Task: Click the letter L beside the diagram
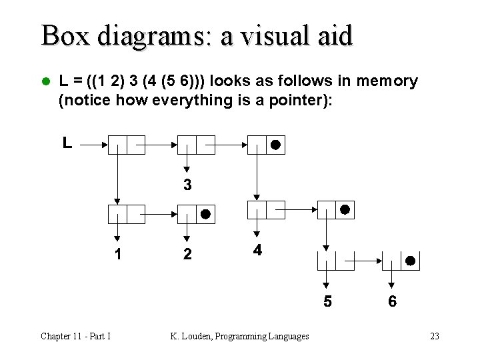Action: [x=67, y=142]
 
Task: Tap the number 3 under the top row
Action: [x=187, y=185]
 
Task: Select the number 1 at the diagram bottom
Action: [x=117, y=254]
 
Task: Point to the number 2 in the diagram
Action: [x=187, y=254]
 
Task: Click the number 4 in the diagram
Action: [x=257, y=251]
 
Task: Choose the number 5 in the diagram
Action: [x=327, y=301]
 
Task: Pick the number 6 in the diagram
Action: [x=392, y=301]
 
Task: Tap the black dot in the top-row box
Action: [x=275, y=145]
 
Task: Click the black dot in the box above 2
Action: [x=205, y=214]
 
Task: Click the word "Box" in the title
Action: [x=65, y=35]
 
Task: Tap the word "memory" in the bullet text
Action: [x=387, y=81]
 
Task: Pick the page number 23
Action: [x=435, y=336]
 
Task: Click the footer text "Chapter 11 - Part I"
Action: [x=75, y=336]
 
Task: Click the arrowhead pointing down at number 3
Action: [x=187, y=169]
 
